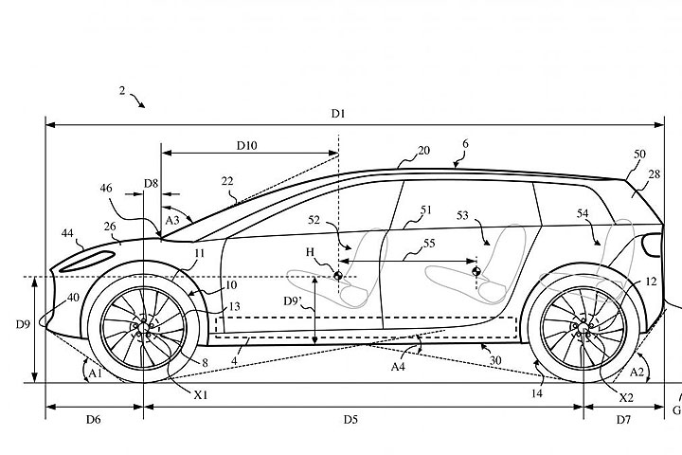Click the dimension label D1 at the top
point(338,114)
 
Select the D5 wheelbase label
point(350,417)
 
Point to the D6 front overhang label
point(93,417)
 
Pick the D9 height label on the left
point(23,324)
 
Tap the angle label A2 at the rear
point(638,373)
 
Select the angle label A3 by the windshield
point(172,220)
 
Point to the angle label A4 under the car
point(399,366)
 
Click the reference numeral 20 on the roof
point(423,150)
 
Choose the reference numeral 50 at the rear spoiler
point(639,153)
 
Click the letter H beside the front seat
point(309,251)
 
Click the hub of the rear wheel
point(583,328)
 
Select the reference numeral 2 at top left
point(122,90)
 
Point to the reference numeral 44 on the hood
point(68,232)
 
